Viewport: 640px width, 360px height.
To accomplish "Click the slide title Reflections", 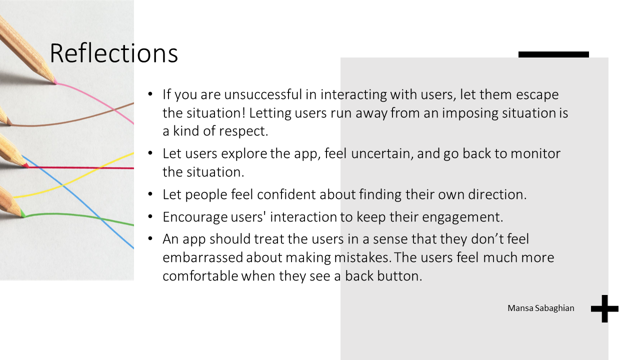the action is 113,53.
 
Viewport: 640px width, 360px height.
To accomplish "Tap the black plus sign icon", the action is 604,308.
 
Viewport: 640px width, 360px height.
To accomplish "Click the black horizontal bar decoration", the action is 553,54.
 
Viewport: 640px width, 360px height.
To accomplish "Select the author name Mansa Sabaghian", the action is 541,308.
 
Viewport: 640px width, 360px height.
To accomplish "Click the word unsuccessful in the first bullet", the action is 263,94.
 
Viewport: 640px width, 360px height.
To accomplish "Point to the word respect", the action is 243,131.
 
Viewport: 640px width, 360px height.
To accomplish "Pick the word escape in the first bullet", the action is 537,95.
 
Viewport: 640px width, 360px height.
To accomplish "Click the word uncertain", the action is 382,153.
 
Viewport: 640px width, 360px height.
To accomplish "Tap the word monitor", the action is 535,153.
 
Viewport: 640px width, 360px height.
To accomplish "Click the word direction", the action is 497,194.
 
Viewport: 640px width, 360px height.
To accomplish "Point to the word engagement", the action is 462,217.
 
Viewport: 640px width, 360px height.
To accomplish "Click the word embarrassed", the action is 202,257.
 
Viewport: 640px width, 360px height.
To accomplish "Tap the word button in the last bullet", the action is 399,275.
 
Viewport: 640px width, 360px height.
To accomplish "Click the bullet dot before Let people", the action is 150,194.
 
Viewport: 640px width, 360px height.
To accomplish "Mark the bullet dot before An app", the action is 150,238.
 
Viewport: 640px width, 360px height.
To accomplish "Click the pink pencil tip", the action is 55,82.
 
